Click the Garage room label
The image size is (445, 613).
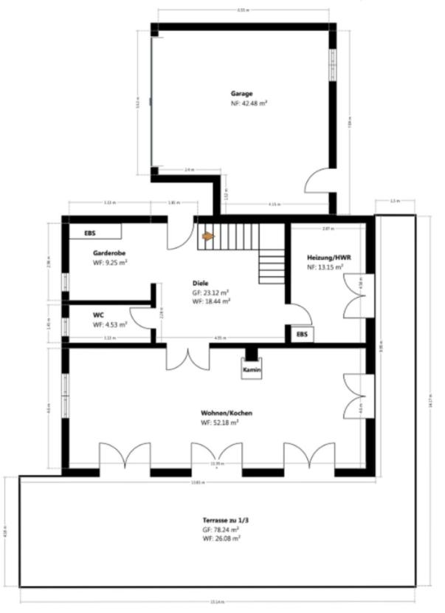(241, 94)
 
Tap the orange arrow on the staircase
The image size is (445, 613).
(208, 236)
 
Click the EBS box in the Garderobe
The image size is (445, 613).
(90, 233)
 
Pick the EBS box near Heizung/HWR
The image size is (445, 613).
(302, 335)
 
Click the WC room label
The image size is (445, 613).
(97, 314)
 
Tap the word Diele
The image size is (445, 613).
(200, 283)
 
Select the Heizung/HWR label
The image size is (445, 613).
(328, 258)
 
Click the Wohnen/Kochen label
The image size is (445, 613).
(226, 413)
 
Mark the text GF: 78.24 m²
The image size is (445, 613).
(221, 530)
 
